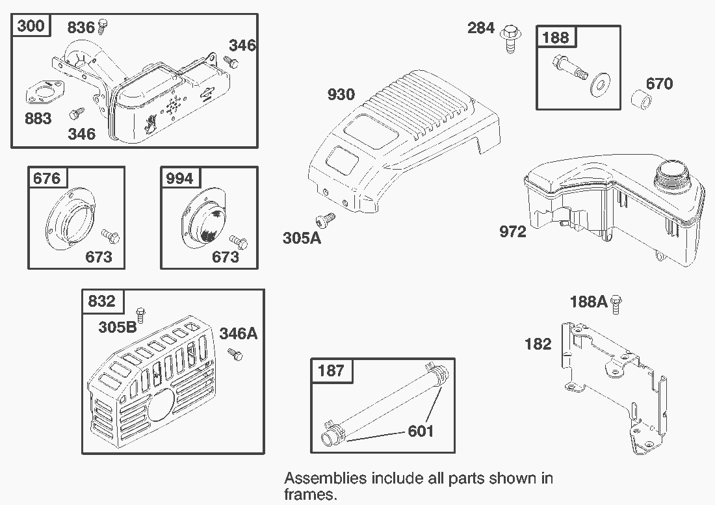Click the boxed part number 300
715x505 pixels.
point(31,26)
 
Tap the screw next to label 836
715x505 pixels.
point(102,27)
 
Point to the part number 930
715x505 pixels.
point(341,95)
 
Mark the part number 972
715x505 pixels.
point(512,231)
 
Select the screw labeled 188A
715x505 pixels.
point(617,302)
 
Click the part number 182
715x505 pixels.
point(538,344)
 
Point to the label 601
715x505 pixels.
point(420,431)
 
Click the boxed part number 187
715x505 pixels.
point(331,371)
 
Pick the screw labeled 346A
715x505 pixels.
point(235,355)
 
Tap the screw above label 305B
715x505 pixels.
point(139,313)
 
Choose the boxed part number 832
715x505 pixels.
point(101,302)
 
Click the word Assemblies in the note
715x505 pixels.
point(325,479)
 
